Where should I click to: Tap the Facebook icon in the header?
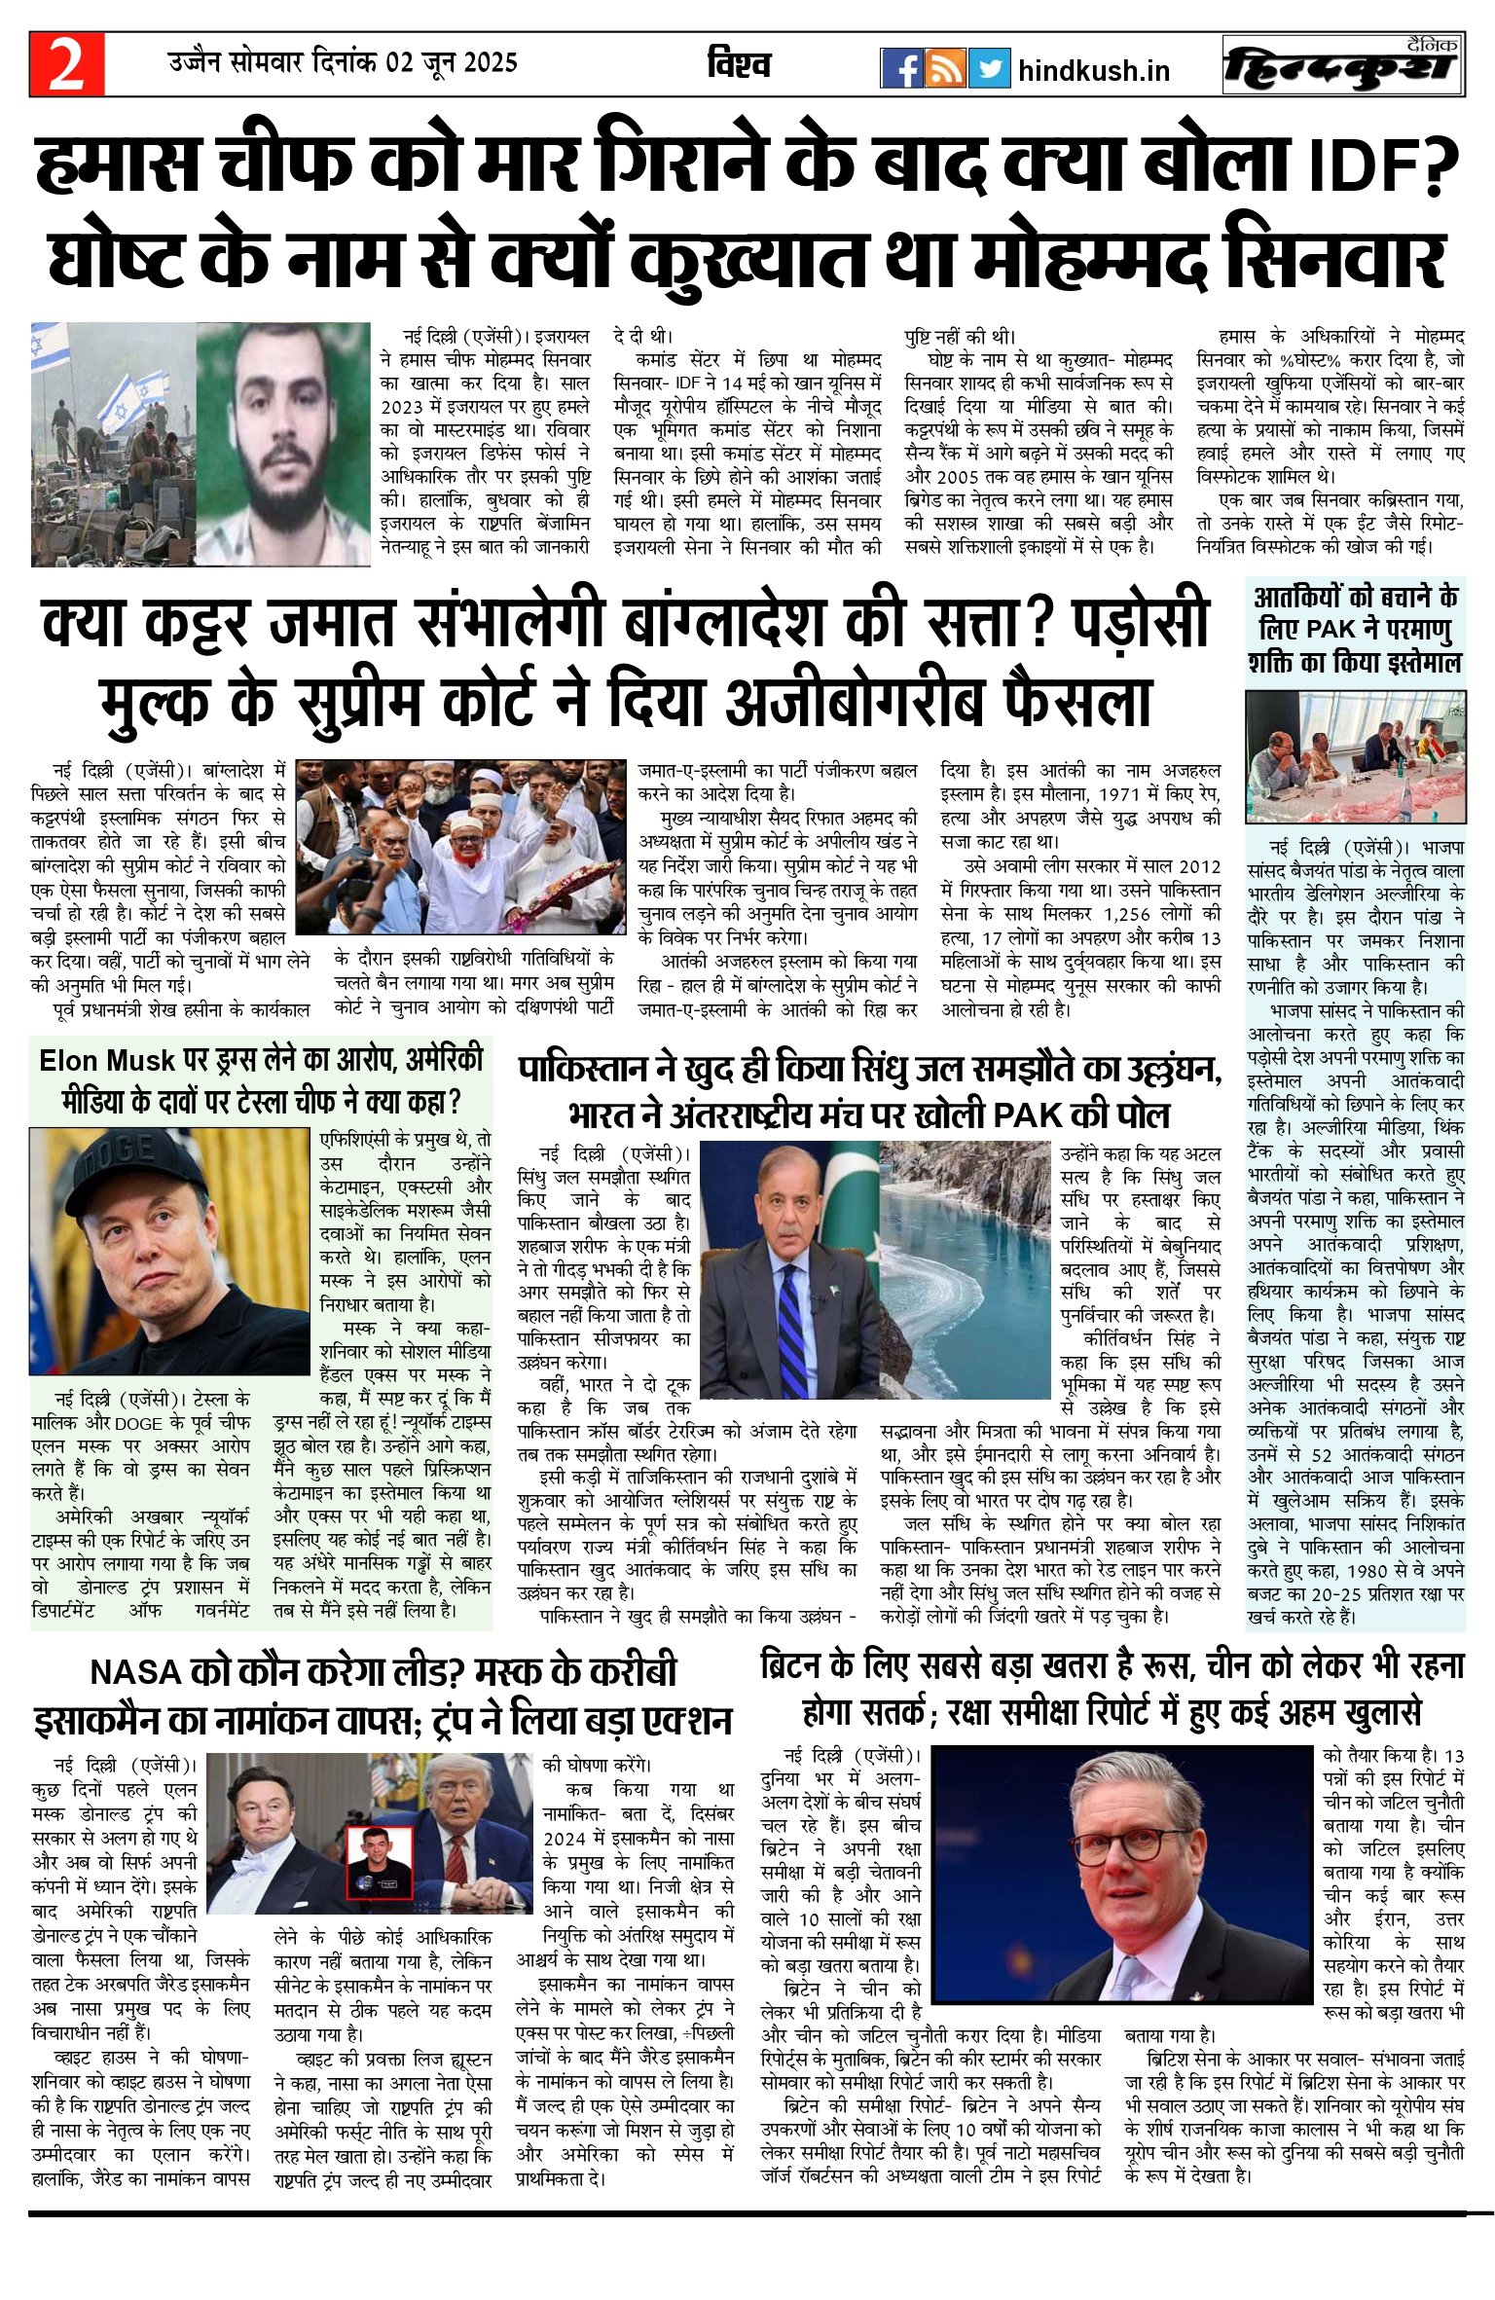pyautogui.click(x=901, y=68)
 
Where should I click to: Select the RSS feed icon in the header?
pyautogui.click(x=945, y=68)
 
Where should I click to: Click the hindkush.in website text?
pyautogui.click(x=1094, y=70)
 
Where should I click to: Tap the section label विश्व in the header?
pyautogui.click(x=739, y=65)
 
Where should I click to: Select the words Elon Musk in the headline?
pyautogui.click(x=107, y=1060)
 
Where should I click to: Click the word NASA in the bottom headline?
pyautogui.click(x=136, y=1672)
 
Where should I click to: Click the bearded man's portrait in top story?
pyautogui.click(x=282, y=444)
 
